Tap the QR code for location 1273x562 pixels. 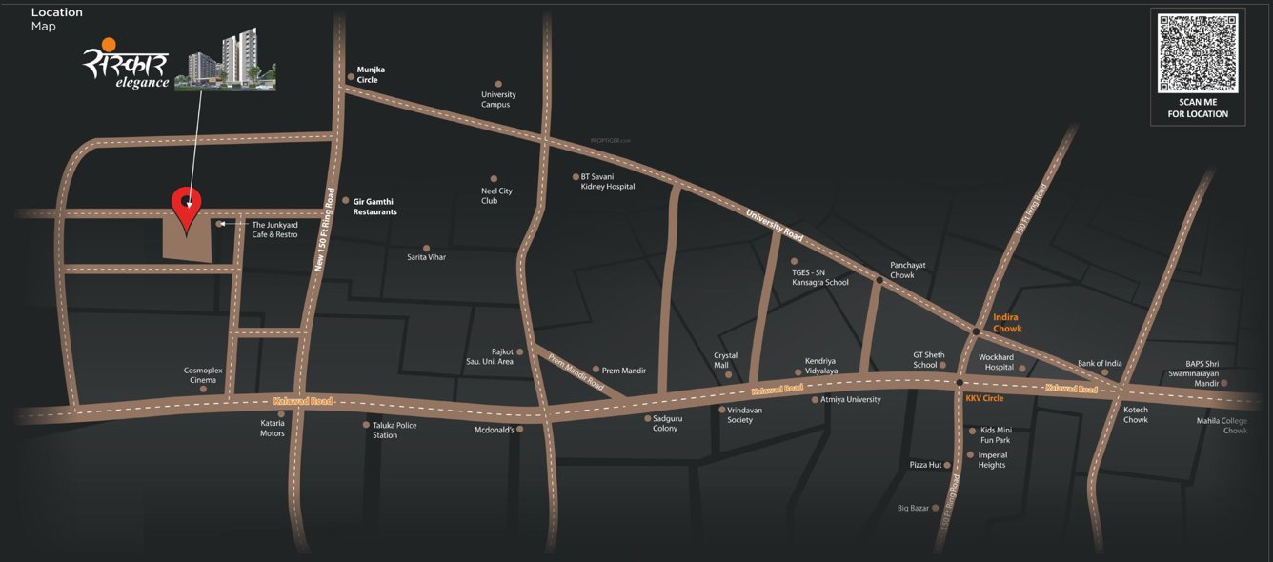coord(1198,52)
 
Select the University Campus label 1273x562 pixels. coord(498,99)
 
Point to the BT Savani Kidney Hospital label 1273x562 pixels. coord(607,182)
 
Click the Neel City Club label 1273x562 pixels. coord(496,196)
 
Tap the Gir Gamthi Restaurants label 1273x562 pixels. coord(374,207)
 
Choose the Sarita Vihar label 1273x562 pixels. coord(426,257)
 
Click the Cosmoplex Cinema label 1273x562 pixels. coord(202,375)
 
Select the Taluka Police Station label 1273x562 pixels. coord(394,431)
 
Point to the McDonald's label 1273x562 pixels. coord(495,430)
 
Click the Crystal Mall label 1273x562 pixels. coord(726,360)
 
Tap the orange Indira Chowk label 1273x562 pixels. coord(1007,323)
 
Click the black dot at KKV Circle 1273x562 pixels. coord(959,382)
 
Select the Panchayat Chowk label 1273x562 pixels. coord(902,271)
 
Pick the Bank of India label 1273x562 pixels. coord(1100,364)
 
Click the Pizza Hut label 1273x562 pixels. coord(925,465)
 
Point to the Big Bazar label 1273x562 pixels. coord(913,509)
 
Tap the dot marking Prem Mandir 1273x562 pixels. coord(596,370)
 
